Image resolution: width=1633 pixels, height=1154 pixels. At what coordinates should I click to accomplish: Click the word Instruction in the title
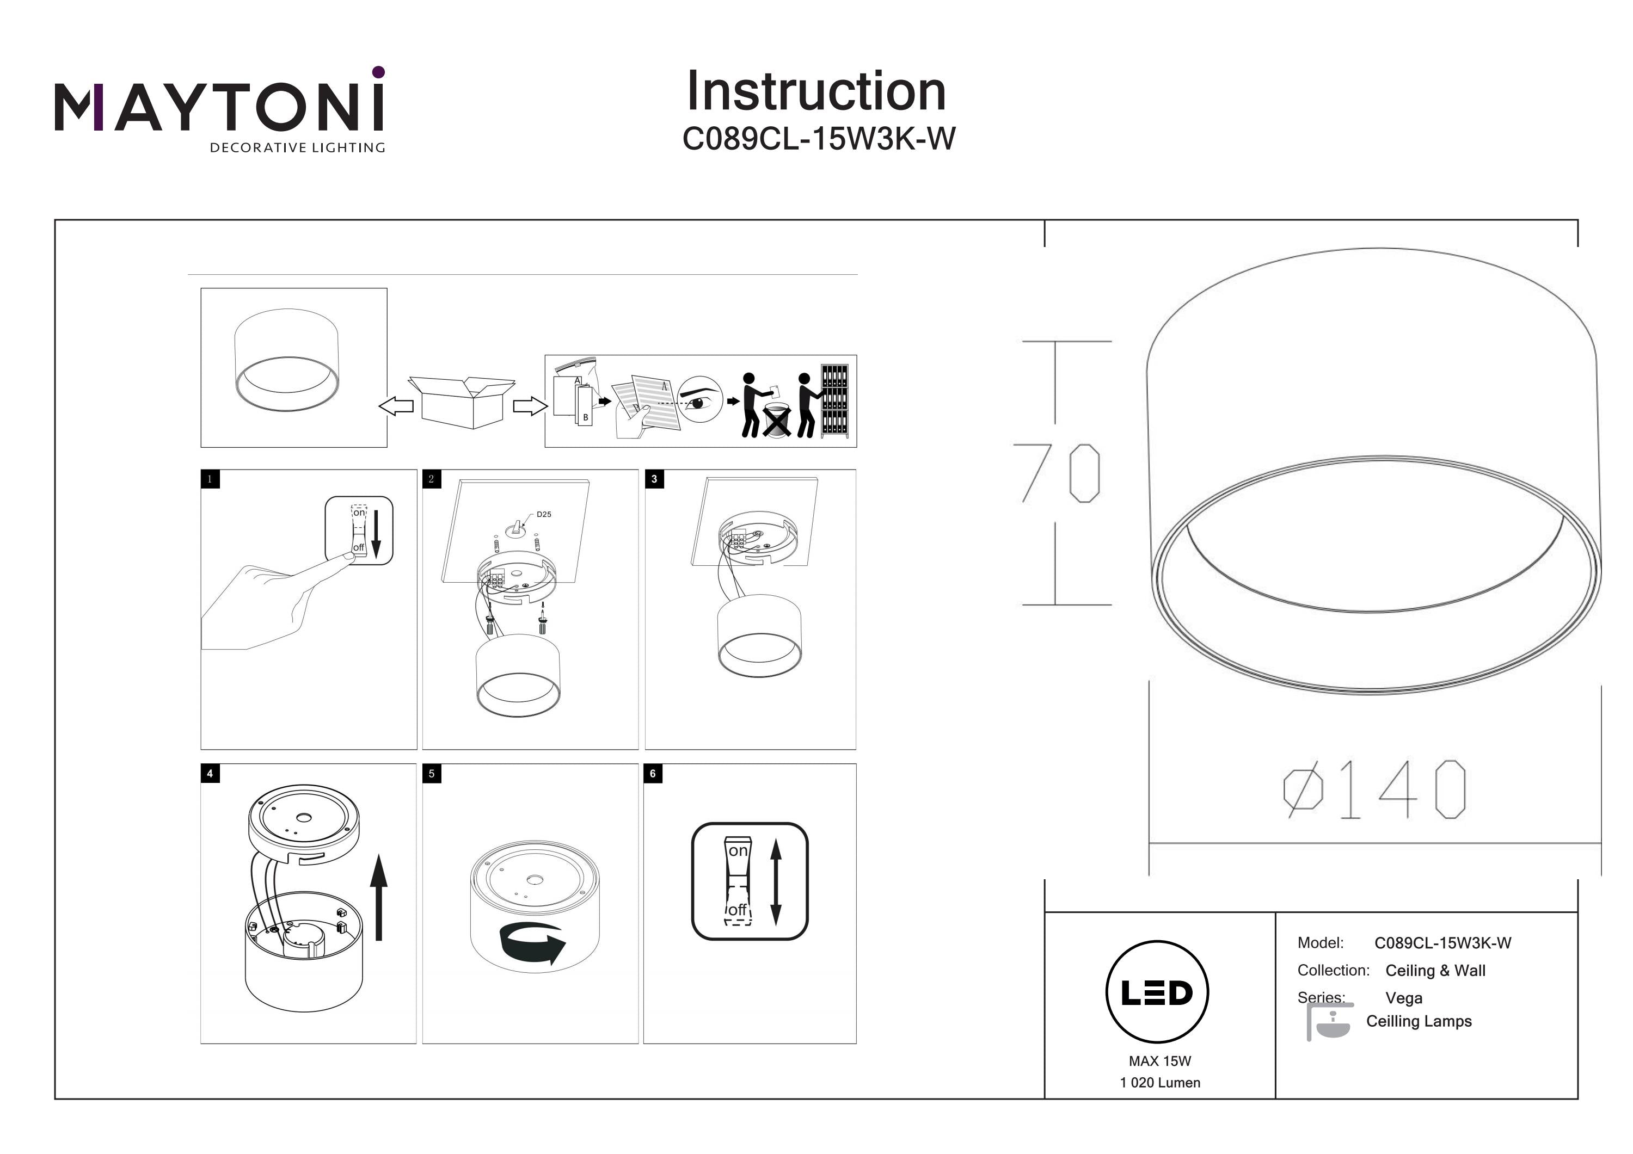pos(816,92)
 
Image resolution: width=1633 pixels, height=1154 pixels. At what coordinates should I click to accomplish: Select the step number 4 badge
pos(210,774)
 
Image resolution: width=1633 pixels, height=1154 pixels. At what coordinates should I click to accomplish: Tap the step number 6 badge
pos(653,774)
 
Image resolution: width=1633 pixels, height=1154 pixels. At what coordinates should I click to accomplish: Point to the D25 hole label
pos(543,514)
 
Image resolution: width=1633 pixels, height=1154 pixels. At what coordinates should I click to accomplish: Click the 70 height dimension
pos(1058,473)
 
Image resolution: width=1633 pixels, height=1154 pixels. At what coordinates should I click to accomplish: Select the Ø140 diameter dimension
pos(1374,789)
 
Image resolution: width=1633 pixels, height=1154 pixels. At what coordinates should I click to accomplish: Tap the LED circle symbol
pos(1157,992)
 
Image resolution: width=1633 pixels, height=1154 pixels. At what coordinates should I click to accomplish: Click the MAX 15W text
pos(1159,1061)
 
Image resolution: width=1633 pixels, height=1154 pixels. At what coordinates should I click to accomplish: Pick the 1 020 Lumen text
pos(1160,1083)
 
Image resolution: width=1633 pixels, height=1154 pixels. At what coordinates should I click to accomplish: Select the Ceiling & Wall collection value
pos(1435,971)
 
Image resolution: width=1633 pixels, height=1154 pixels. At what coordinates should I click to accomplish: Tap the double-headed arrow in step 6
pos(776,881)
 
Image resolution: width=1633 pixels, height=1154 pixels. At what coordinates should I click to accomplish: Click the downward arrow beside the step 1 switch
pos(376,533)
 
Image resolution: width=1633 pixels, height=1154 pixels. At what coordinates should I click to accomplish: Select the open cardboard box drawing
pos(462,401)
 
